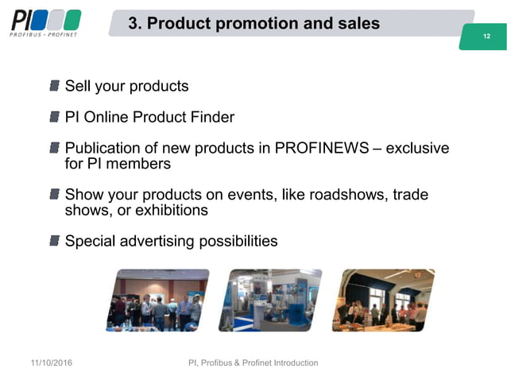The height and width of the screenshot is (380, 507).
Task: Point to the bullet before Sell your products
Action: (x=55, y=85)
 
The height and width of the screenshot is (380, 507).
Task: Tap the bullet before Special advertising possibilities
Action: (x=55, y=239)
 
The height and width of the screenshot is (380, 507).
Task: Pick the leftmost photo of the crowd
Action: (x=157, y=299)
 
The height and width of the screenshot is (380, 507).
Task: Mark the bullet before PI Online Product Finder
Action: (x=55, y=118)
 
